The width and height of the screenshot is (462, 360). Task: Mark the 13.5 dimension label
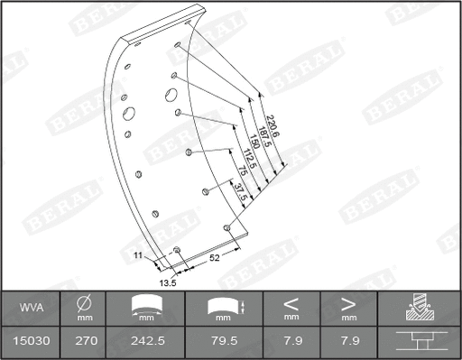tap(167, 282)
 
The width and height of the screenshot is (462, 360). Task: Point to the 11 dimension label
tap(138, 256)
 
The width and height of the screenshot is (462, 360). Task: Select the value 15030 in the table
tap(32, 342)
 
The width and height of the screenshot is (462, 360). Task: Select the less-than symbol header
tap(291, 303)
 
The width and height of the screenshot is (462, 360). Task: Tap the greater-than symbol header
tap(350, 303)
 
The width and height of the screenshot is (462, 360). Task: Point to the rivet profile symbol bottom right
tap(419, 342)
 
